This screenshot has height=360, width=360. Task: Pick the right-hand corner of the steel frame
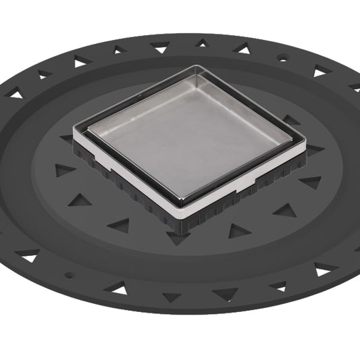pyautogui.click(x=305, y=141)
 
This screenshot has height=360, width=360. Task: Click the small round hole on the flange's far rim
pyautogui.click(x=282, y=59)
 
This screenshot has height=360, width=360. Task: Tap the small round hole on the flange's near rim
pyautogui.click(x=68, y=275)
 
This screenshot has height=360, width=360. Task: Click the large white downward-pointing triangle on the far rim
pyautogui.click(x=160, y=48)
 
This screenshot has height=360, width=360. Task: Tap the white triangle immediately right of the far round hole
pyautogui.click(x=319, y=70)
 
